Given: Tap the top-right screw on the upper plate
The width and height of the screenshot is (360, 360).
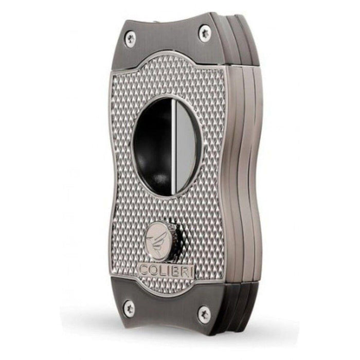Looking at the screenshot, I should point(205,32).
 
